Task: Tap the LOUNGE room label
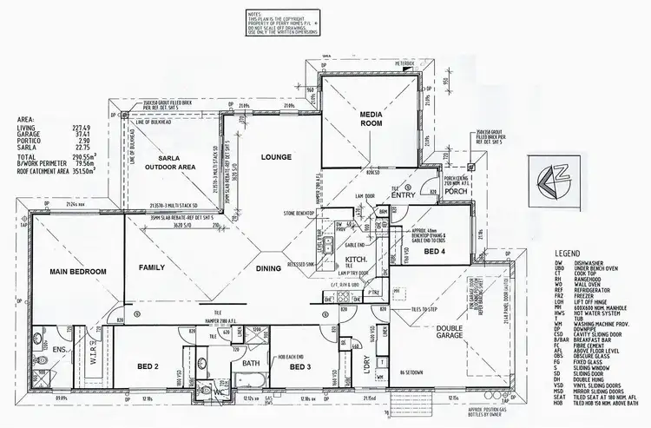274,157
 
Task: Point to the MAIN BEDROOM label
77,272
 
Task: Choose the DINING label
270,269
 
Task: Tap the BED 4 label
435,252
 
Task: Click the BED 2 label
148,366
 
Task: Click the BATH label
252,363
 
